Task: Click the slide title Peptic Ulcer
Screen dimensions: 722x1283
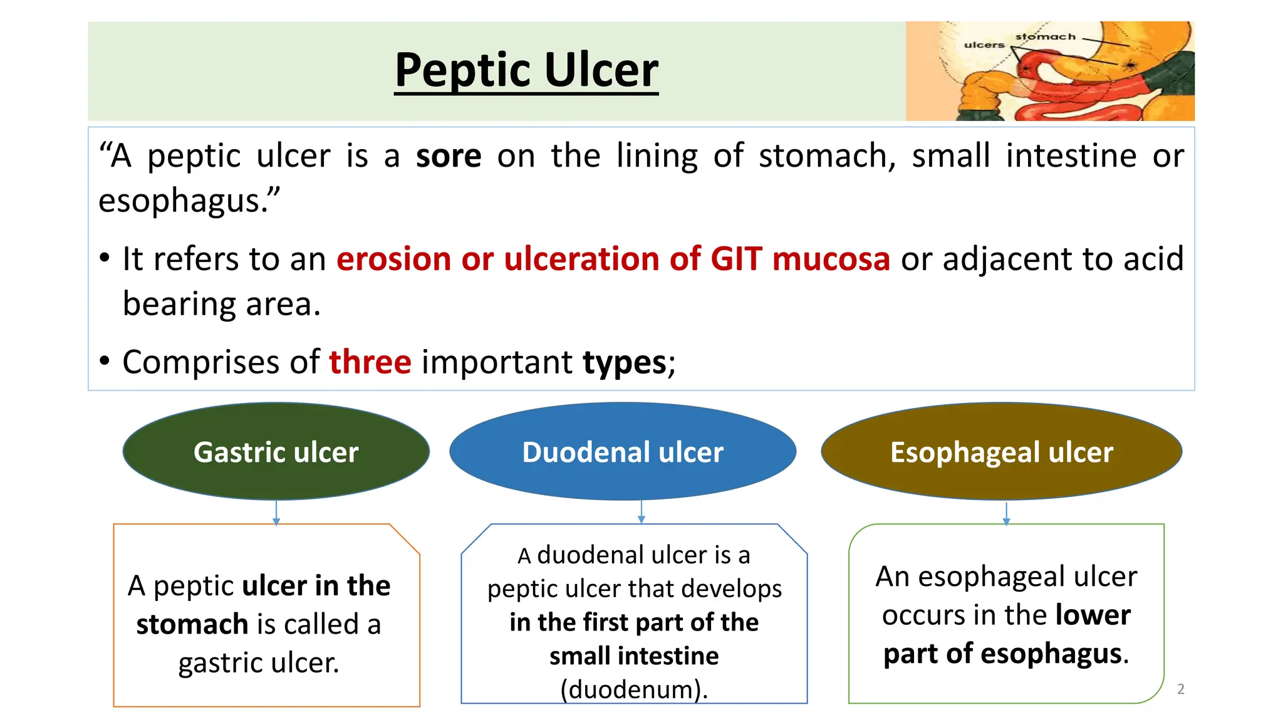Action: click(x=526, y=70)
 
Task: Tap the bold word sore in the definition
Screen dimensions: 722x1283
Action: click(x=449, y=156)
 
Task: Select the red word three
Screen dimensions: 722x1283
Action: click(x=370, y=362)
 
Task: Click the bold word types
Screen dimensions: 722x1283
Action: click(x=625, y=362)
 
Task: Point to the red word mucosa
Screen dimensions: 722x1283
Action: click(x=831, y=259)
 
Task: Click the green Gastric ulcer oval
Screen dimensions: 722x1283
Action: click(x=276, y=452)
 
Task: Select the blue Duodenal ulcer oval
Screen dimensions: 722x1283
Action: click(x=623, y=452)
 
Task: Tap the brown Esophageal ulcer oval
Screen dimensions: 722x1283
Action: click(x=1001, y=452)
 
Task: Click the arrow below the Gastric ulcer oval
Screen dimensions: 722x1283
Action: click(x=276, y=512)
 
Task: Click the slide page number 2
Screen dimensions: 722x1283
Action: click(x=1181, y=689)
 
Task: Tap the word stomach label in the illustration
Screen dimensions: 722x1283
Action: click(x=1045, y=37)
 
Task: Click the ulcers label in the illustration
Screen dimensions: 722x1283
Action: click(x=984, y=45)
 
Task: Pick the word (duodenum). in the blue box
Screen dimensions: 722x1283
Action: click(x=634, y=689)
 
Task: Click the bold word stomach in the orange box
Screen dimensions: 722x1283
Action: click(x=192, y=624)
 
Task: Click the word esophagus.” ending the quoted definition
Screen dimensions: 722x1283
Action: click(x=189, y=201)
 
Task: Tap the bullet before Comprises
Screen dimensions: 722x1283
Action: click(x=105, y=361)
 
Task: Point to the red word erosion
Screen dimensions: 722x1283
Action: click(x=393, y=259)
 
